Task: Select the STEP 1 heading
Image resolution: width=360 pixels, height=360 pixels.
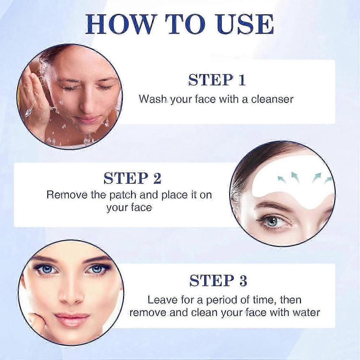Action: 217,80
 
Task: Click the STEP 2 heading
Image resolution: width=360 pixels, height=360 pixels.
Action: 133,178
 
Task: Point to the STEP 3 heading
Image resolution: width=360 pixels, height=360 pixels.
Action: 218,280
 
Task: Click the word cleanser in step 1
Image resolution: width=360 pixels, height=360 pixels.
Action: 272,99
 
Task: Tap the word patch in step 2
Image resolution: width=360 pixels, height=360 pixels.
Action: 123,195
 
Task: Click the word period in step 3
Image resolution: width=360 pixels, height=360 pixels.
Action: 221,300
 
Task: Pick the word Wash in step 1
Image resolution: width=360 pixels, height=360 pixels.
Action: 153,99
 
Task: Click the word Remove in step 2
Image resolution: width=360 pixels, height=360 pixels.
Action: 67,195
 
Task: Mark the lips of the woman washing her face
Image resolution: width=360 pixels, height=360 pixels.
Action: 87,120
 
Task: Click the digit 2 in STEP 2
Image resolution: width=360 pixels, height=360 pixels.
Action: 157,178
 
